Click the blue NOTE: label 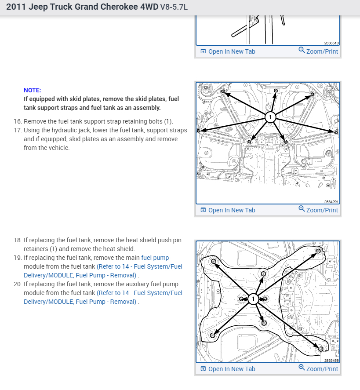(32, 90)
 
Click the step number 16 (18, 121)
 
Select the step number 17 (18, 130)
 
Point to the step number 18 (18, 241)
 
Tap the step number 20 (18, 284)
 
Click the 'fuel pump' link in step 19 (155, 258)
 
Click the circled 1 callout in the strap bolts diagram (270, 117)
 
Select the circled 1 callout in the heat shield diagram (253, 299)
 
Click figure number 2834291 (331, 202)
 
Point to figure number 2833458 (331, 361)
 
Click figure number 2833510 (331, 43)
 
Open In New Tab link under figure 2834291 (228, 210)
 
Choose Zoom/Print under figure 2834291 (318, 210)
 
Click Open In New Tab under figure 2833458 (228, 369)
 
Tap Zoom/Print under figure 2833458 (318, 369)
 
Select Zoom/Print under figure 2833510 (318, 51)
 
